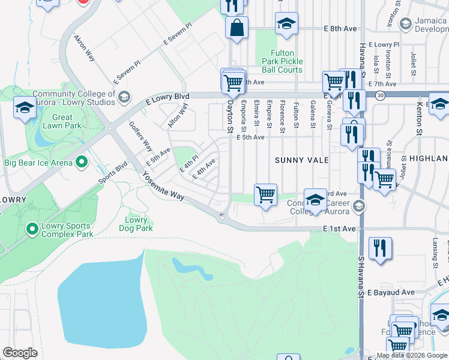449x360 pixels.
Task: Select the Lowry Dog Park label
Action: point(136,224)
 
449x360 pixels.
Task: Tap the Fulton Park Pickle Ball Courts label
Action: point(282,61)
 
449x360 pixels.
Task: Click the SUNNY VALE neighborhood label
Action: point(301,160)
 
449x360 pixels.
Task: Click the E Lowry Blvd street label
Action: point(167,97)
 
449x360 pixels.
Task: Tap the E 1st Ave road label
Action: point(339,229)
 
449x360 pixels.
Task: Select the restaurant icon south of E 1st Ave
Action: point(380,249)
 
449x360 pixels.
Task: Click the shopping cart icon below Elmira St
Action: point(265,194)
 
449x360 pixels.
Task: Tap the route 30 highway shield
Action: point(380,95)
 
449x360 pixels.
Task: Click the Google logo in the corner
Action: point(20,353)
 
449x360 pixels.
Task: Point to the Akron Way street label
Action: point(85,48)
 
